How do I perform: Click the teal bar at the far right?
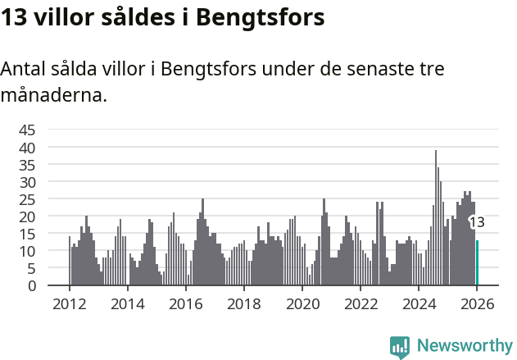(477, 263)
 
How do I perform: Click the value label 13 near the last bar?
(477, 222)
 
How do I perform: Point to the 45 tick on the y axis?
(27, 130)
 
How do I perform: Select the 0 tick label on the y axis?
(31, 285)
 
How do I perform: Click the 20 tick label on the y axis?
(27, 216)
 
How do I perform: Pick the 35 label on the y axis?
(27, 165)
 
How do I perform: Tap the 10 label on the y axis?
(27, 251)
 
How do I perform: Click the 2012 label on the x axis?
(69, 303)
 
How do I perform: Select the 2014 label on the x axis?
(127, 303)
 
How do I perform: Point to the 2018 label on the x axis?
(243, 303)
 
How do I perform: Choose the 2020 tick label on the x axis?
(302, 303)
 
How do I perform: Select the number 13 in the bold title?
(14, 17)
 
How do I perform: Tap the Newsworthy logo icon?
(400, 347)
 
